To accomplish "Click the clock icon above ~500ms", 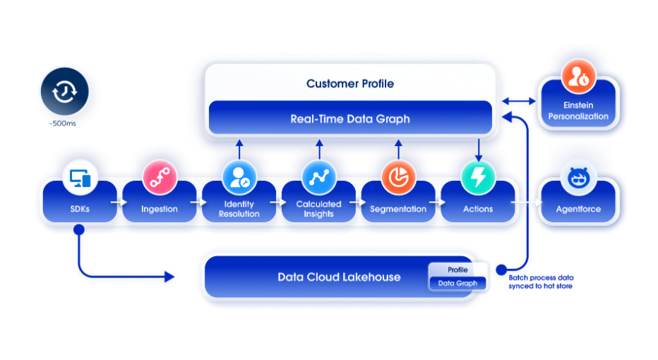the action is [x=65, y=91].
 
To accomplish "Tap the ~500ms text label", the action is [x=63, y=124].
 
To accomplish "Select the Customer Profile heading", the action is [x=350, y=83].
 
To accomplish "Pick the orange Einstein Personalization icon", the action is [x=578, y=77].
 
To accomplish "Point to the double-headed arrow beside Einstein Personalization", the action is [x=519, y=101].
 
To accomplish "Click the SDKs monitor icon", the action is [x=80, y=178].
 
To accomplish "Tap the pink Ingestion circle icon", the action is [x=160, y=177].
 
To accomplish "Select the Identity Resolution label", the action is [x=239, y=209].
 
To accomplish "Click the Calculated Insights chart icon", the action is [x=318, y=177].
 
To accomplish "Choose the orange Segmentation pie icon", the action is [x=398, y=177].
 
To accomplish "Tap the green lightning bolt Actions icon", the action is [x=478, y=177].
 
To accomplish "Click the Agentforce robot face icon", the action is [x=578, y=178].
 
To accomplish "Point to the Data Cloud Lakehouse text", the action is [x=339, y=277].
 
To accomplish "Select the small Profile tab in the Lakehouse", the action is [x=457, y=270].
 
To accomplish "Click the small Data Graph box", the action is [x=457, y=283].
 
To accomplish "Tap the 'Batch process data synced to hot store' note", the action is [x=541, y=282].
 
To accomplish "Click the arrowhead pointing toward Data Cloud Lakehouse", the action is [x=169, y=277].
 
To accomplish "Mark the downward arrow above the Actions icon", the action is [x=479, y=150].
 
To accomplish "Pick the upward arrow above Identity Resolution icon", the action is [x=239, y=150].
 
